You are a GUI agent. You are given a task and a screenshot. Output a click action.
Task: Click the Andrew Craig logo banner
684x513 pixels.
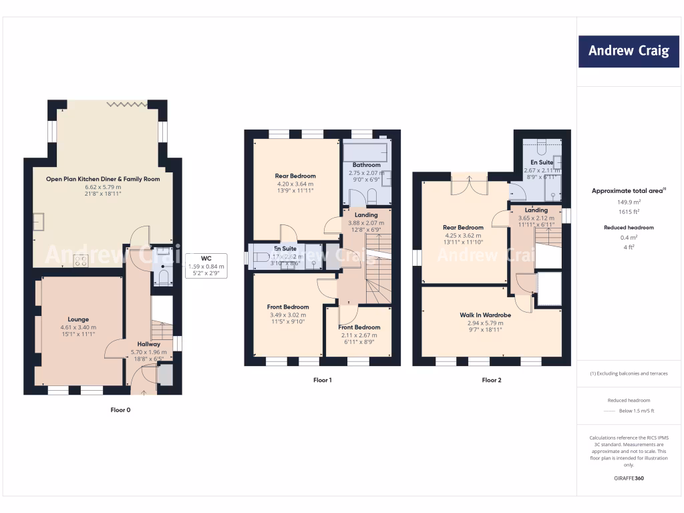[x=628, y=51]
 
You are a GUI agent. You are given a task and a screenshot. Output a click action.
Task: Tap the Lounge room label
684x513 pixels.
[x=78, y=319]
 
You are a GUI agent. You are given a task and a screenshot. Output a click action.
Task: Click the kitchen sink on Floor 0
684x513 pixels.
[x=39, y=221]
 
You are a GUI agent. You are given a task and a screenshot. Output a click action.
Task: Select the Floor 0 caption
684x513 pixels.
[x=120, y=409]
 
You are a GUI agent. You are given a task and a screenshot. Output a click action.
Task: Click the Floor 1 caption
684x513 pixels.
[x=323, y=380]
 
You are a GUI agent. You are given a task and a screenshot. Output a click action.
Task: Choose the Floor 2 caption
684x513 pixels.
[x=491, y=380]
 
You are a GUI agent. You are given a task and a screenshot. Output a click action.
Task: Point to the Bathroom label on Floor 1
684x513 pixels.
[x=366, y=165]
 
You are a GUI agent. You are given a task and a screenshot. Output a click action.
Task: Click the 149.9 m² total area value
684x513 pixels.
[x=628, y=201]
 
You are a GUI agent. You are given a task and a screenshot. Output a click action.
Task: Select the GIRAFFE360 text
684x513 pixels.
[x=628, y=478]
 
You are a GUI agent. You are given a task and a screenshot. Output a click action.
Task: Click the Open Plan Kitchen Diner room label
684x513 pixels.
[x=103, y=179]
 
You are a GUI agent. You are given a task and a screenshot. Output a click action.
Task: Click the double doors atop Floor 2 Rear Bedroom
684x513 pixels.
[x=468, y=184]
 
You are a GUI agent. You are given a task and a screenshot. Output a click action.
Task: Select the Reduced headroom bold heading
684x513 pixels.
[x=628, y=227]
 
